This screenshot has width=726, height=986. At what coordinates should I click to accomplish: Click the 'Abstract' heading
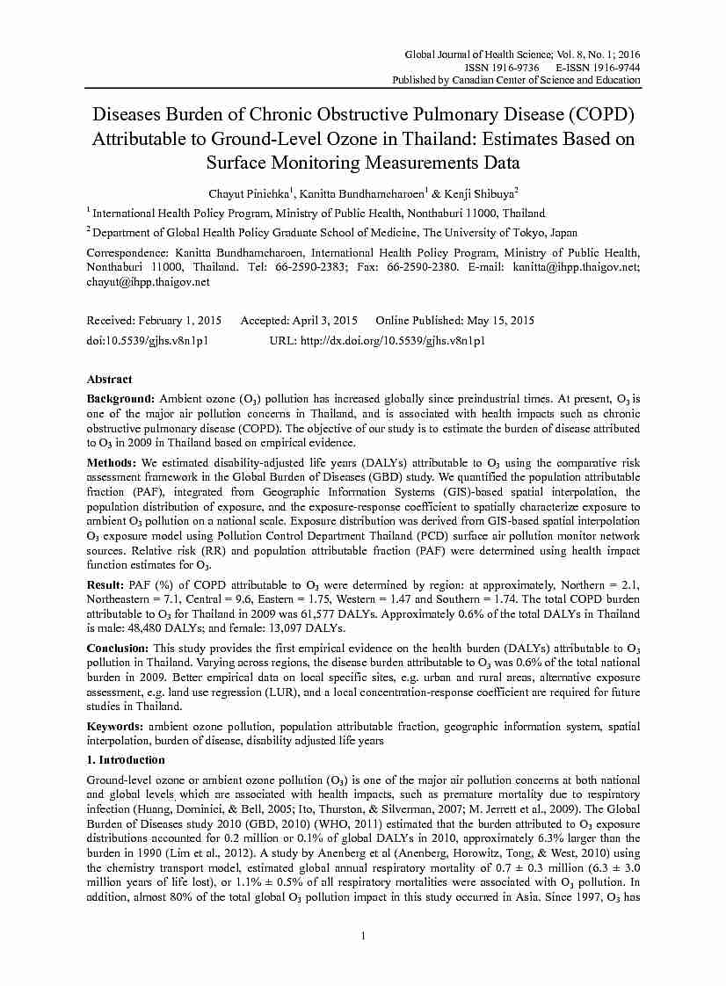point(109,380)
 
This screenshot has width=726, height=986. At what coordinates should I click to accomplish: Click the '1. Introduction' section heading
point(126,759)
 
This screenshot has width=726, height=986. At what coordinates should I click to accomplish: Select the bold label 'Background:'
point(120,399)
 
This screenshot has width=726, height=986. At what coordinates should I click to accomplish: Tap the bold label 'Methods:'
point(113,462)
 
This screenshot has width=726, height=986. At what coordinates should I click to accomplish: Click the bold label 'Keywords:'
point(115,726)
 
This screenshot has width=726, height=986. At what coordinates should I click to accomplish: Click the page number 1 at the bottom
point(363,934)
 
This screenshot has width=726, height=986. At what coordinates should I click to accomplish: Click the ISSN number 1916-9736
point(514,68)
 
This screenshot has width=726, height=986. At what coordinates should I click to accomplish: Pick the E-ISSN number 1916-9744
point(614,68)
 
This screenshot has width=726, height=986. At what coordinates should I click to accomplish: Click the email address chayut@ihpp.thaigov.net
point(148,282)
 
